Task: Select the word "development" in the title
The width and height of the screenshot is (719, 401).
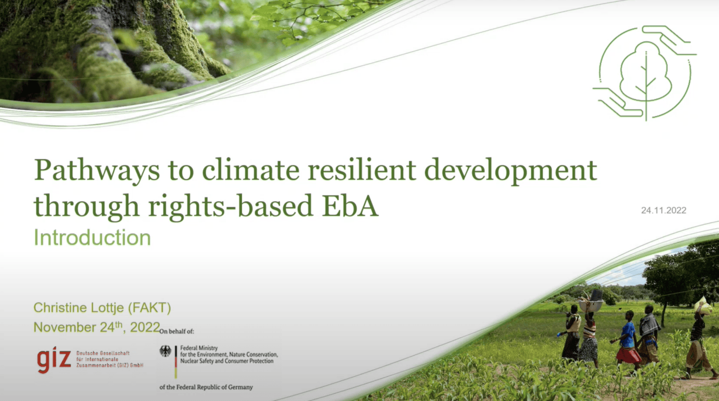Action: pos(510,171)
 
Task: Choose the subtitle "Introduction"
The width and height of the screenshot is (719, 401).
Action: pos(92,238)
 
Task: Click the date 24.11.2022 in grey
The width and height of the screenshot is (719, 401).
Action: pos(663,210)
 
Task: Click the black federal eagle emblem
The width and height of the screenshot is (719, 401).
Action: pos(165,351)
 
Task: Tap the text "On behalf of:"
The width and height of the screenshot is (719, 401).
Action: pos(176,331)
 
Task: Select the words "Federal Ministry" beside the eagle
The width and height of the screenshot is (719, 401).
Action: pos(199,348)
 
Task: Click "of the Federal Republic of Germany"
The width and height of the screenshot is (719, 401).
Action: pos(206,387)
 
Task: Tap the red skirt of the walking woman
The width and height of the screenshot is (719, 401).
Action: pos(628,355)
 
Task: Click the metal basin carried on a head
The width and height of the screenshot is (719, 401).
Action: pos(591,305)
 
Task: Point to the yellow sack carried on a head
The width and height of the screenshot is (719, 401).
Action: pos(704,306)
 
